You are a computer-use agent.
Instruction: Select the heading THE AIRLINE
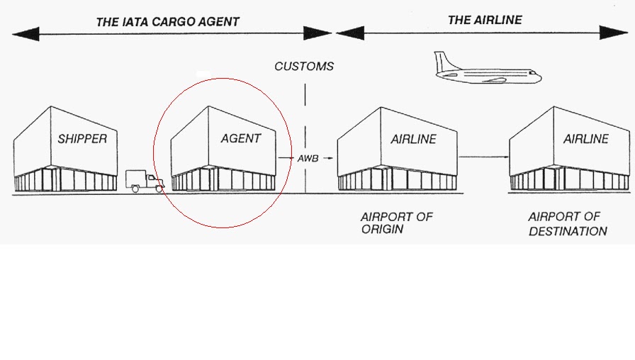tap(484, 20)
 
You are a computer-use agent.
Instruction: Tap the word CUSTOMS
tap(304, 67)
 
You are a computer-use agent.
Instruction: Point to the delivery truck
tap(144, 181)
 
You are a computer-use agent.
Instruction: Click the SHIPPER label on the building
tap(82, 139)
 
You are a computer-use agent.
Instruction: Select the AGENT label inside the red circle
tap(240, 139)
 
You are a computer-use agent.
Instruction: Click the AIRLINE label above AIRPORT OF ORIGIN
tap(413, 140)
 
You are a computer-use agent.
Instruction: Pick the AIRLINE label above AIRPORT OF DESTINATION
tap(585, 140)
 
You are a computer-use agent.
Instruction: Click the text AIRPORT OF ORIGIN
tap(396, 223)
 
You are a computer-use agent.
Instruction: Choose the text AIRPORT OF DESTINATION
tap(567, 224)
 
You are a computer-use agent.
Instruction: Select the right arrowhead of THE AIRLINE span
tap(617, 33)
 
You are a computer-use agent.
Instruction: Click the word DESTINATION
tap(568, 231)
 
